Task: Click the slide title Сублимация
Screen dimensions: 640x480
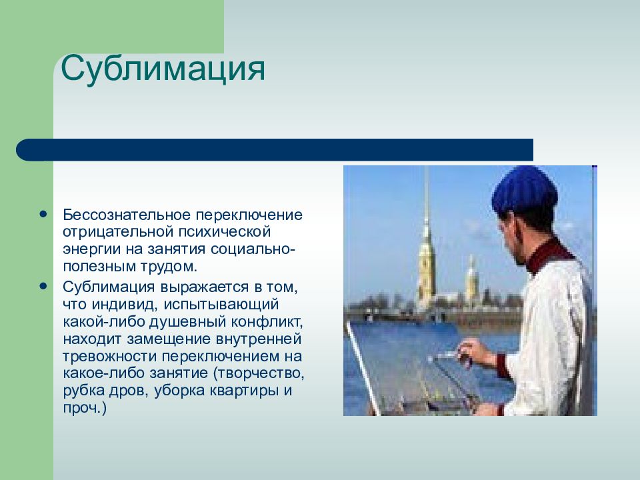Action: point(163,69)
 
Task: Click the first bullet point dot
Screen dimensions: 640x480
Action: point(43,214)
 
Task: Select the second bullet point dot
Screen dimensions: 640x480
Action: point(43,286)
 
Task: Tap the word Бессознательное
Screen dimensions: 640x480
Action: point(127,215)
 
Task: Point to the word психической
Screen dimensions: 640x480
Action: point(224,232)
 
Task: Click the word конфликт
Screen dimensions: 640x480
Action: point(267,322)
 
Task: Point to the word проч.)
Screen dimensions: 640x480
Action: point(85,408)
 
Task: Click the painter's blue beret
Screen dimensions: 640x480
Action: point(525,191)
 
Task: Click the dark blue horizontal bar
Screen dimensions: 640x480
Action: point(275,150)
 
